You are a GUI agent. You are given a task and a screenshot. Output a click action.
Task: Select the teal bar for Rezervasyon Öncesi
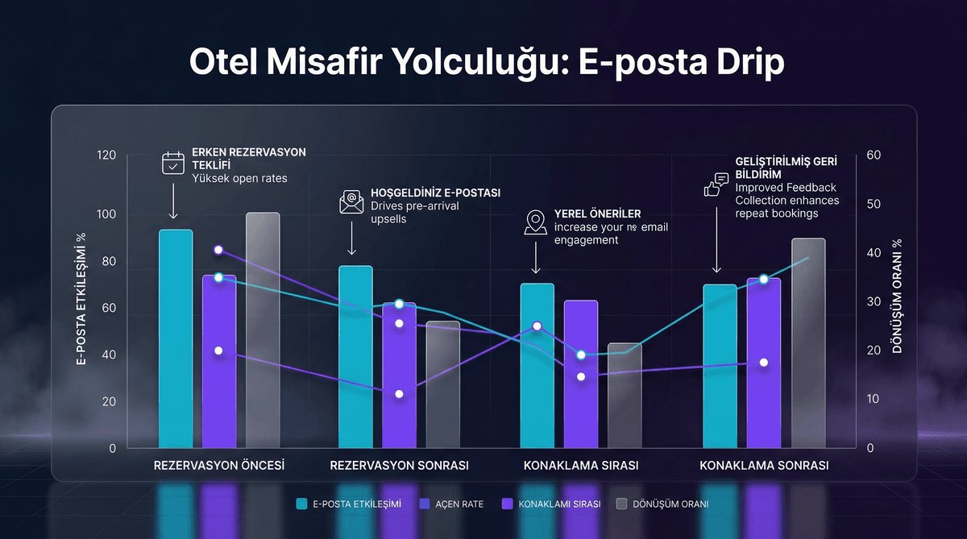(x=176, y=338)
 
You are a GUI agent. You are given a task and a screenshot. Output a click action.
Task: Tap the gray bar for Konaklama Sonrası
(x=807, y=342)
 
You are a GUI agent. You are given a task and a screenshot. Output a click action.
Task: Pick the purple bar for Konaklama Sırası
(x=580, y=374)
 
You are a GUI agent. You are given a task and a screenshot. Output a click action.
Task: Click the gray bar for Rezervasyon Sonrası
(x=442, y=384)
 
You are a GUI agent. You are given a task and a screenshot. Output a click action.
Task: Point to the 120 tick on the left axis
(x=106, y=155)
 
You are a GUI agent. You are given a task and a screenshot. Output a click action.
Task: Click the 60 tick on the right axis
(x=874, y=155)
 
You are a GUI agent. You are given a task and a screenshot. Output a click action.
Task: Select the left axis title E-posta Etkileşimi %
(x=81, y=300)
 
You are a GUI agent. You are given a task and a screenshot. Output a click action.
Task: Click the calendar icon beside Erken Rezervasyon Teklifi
(x=173, y=164)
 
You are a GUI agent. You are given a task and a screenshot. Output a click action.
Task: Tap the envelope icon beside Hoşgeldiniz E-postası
(x=351, y=202)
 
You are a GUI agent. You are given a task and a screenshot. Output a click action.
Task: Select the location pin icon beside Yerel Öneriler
(x=535, y=223)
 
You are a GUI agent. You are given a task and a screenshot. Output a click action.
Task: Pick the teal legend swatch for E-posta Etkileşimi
(x=302, y=504)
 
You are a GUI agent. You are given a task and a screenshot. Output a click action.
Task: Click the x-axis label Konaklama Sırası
(x=580, y=466)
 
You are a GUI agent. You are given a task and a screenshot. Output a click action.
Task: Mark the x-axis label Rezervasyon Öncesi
(x=219, y=466)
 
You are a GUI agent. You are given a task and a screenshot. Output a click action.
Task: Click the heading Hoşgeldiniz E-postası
(x=435, y=193)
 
